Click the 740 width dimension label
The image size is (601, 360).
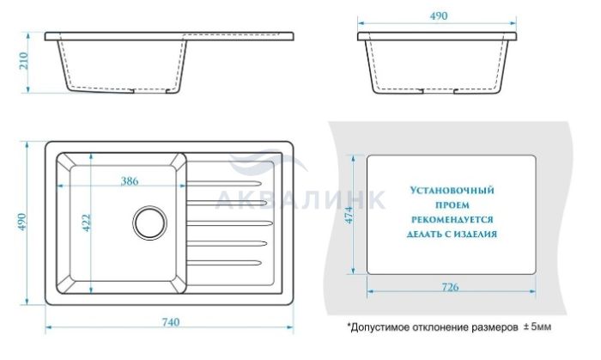coord(171,322)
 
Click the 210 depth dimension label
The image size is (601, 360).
coord(24,61)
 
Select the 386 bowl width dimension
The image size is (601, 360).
coord(130,181)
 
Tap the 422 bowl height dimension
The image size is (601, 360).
coord(86,223)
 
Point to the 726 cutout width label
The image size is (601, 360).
coord(450,287)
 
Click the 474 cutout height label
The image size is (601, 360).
coord(349,215)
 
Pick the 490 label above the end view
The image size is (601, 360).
coord(439,16)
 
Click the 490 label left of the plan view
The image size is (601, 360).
coord(22,222)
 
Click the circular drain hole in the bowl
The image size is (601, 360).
coord(150,223)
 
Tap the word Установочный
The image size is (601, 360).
coord(452,191)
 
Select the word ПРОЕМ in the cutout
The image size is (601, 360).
coord(452,205)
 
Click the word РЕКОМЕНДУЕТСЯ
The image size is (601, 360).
coord(452,220)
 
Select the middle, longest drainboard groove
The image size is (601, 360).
coord(229,223)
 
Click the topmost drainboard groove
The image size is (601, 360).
coord(224,183)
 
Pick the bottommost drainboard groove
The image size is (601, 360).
coord(224,263)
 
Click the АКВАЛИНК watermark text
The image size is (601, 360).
coord(300,199)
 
